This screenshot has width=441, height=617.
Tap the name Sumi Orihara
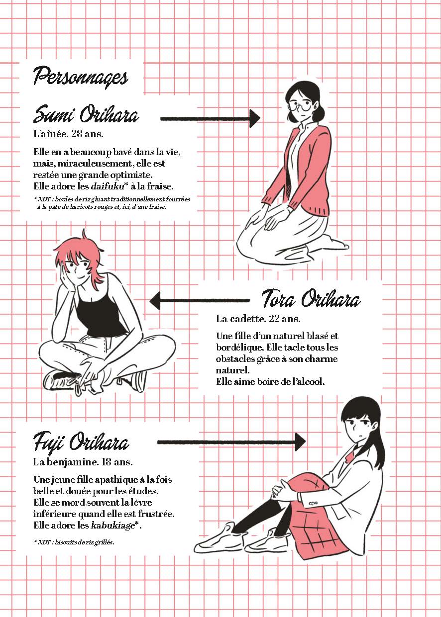click(86, 114)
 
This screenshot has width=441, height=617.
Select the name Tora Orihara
click(311, 299)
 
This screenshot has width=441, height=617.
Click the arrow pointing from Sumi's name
click(210, 118)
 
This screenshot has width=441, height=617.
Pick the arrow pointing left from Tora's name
click(200, 300)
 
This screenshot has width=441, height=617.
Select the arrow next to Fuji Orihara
click(231, 441)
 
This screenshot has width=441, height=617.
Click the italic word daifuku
click(107, 186)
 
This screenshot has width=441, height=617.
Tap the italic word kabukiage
click(112, 526)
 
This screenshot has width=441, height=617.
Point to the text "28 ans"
click(87, 134)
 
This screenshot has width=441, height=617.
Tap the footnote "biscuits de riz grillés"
click(84, 542)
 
